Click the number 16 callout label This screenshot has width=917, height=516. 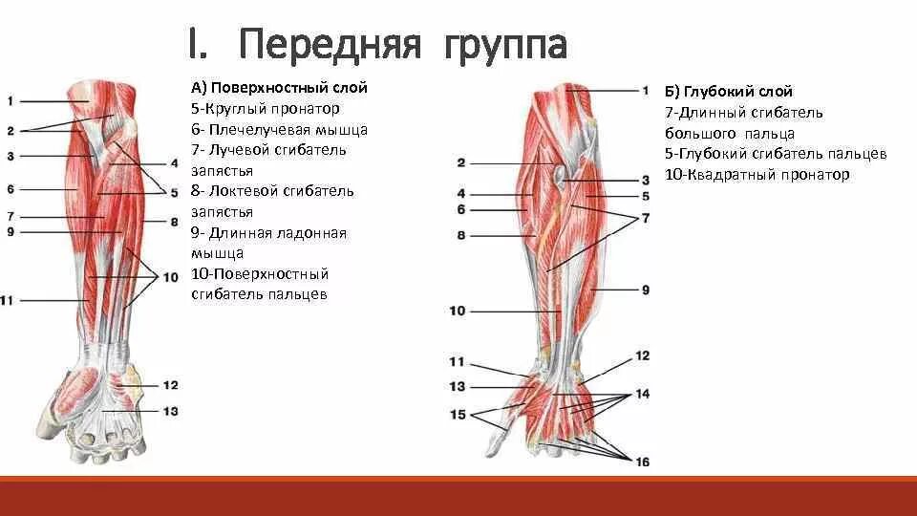tap(643, 462)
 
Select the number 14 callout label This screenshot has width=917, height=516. tap(642, 393)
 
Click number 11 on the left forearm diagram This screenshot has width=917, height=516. tap(9, 301)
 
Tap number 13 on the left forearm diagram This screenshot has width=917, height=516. tap(171, 411)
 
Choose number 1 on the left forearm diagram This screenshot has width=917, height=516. tap(10, 100)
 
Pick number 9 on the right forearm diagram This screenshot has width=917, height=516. tap(646, 289)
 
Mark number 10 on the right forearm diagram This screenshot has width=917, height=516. tap(457, 311)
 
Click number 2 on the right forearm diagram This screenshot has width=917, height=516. tap(460, 162)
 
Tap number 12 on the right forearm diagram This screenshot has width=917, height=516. tap(642, 355)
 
